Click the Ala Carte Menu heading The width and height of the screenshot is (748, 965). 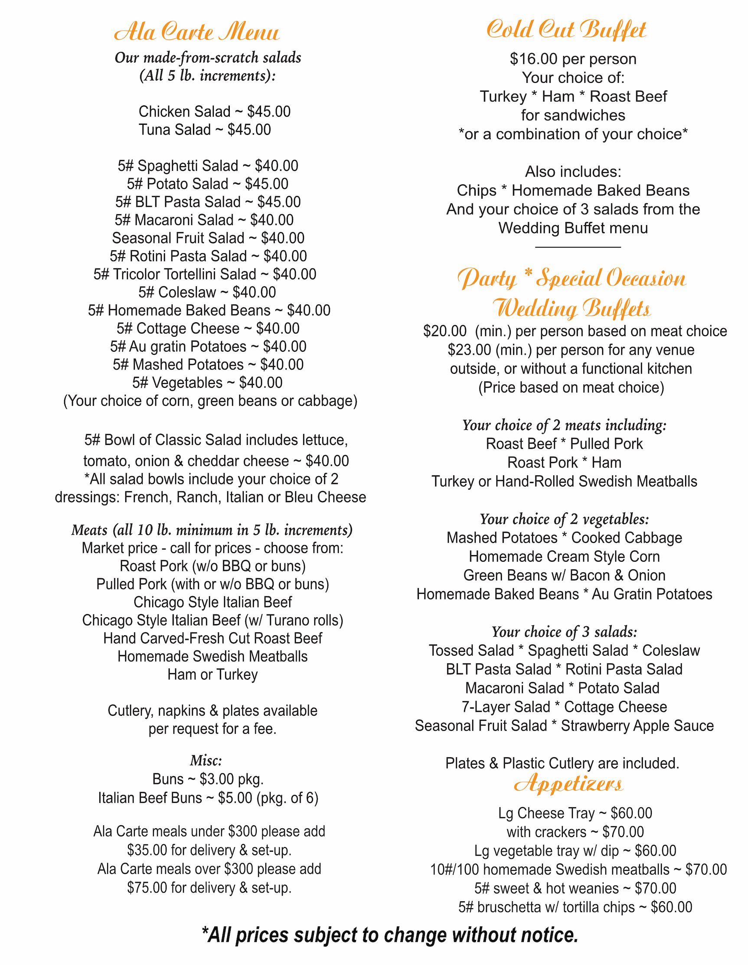pyautogui.click(x=197, y=32)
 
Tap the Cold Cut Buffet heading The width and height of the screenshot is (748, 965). pyautogui.click(x=566, y=29)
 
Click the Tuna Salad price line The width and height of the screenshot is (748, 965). pyautogui.click(x=205, y=130)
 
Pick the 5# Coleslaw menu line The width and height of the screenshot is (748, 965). pyautogui.click(x=207, y=292)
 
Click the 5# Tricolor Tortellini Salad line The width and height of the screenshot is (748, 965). pyautogui.click(x=205, y=275)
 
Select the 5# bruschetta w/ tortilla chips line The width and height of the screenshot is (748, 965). pyautogui.click(x=575, y=907)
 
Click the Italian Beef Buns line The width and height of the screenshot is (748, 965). pyautogui.click(x=208, y=798)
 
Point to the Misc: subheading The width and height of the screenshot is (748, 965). pyautogui.click(x=206, y=760)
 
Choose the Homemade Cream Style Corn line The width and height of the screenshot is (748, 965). pyautogui.click(x=564, y=557)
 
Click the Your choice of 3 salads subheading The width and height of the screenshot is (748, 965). pyautogui.click(x=564, y=632)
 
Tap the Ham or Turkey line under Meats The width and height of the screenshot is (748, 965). pyautogui.click(x=212, y=675)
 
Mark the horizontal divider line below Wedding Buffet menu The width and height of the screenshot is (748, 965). pyautogui.click(x=578, y=247)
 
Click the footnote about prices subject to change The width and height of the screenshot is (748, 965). pyautogui.click(x=390, y=935)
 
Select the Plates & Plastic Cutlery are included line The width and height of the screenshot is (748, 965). pyautogui.click(x=562, y=763)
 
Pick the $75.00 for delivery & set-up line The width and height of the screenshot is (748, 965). pyautogui.click(x=209, y=888)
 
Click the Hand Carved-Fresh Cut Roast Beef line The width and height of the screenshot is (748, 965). pyautogui.click(x=212, y=638)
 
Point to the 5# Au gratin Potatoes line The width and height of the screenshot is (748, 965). pyautogui.click(x=208, y=347)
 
